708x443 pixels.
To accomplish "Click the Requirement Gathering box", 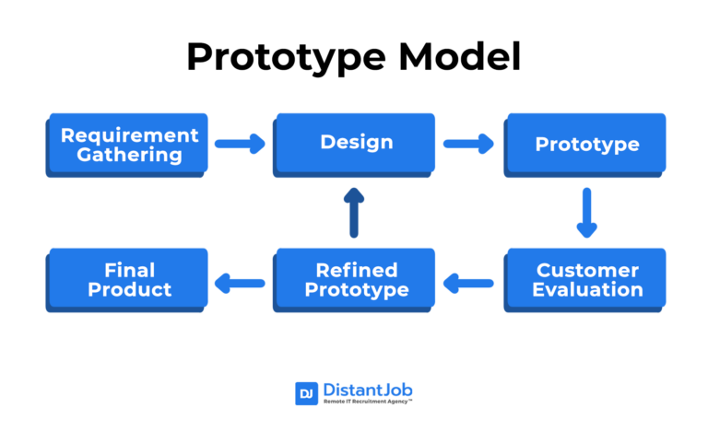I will (x=129, y=144).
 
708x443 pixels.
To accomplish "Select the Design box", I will (x=356, y=143).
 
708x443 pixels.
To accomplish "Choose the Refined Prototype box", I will (x=356, y=279).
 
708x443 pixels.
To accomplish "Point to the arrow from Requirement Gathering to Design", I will (x=240, y=143).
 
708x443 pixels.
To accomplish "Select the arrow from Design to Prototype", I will (x=468, y=143).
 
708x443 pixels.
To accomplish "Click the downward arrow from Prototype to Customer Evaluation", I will (x=586, y=212).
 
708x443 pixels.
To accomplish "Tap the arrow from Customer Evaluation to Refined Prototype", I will (x=468, y=282).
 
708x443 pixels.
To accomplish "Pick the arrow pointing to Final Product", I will (x=240, y=282).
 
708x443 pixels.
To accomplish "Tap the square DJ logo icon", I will (x=306, y=393).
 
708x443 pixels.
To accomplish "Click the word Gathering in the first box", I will (x=129, y=154).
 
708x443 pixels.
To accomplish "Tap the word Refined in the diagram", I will (x=357, y=270).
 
